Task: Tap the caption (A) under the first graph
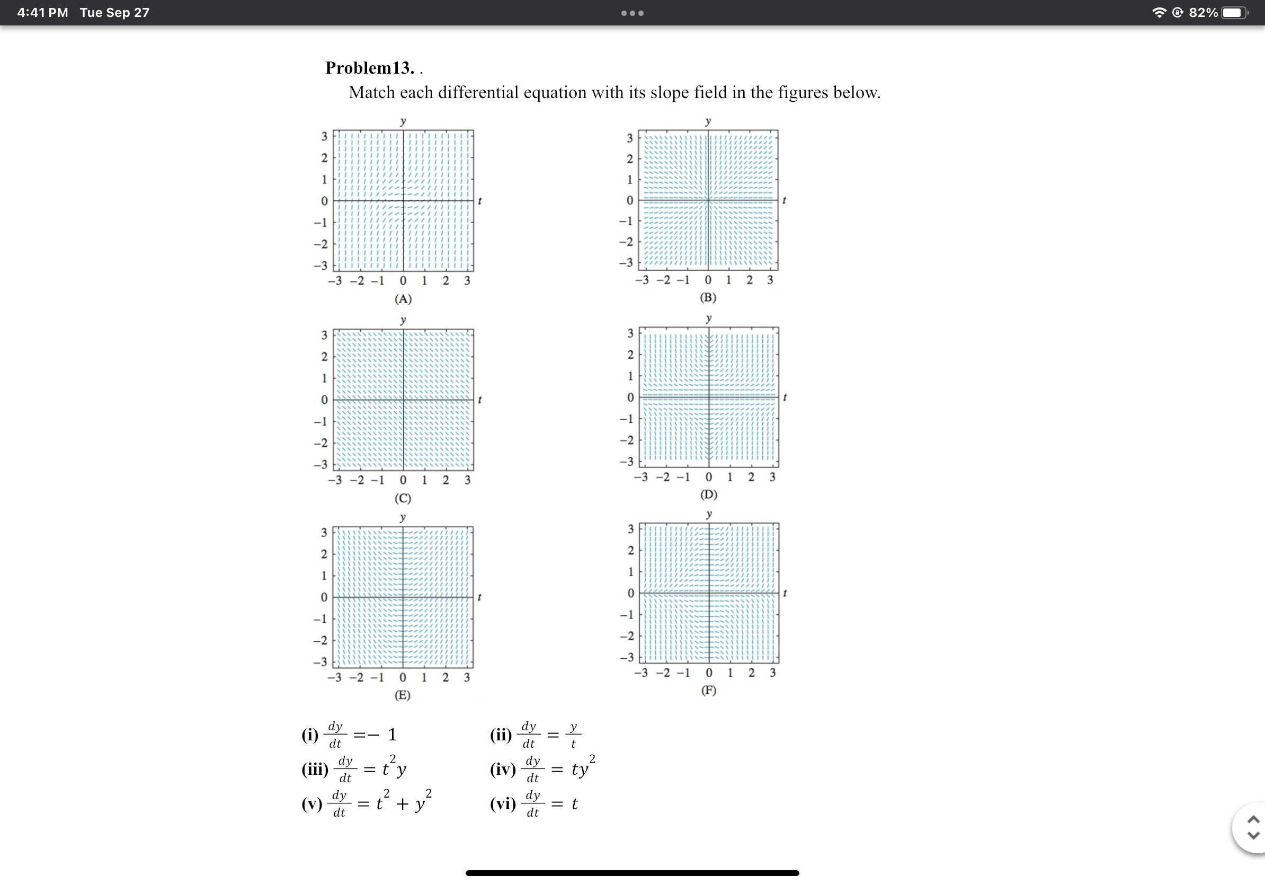403,299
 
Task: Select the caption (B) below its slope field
708,297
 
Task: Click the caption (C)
403,498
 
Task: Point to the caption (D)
709,494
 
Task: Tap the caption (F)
709,690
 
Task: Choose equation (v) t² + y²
367,803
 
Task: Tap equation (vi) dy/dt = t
533,803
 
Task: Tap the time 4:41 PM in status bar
42,13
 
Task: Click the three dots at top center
632,13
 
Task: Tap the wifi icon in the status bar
1159,13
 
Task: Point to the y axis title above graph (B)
708,120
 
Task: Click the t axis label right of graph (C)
480,400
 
